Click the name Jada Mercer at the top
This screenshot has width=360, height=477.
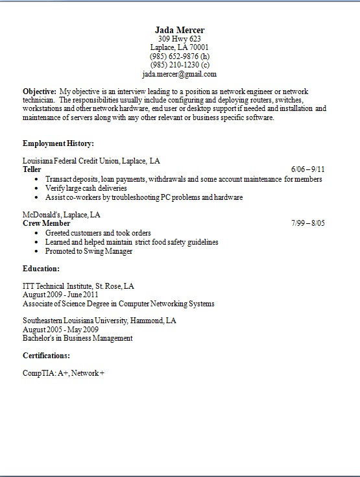[x=180, y=31]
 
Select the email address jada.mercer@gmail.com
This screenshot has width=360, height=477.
[x=180, y=74]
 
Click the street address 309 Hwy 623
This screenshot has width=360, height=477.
[x=180, y=39]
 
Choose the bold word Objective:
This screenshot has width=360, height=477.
[x=39, y=92]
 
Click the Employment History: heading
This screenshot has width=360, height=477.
[x=58, y=143]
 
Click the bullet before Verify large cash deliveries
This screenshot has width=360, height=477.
[x=38, y=188]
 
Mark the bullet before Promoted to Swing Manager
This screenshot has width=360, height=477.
[x=38, y=251]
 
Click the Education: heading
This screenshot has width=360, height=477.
[x=42, y=268]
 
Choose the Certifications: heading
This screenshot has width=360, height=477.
[x=47, y=356]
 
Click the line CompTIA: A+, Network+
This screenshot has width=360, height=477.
[x=64, y=374]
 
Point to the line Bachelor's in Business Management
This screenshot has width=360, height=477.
[x=77, y=338]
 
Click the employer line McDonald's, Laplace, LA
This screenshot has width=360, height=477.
[x=61, y=214]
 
